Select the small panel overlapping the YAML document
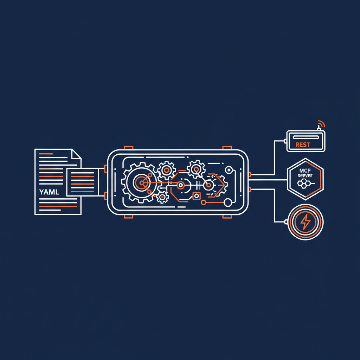[83, 181]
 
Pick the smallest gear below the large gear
[162, 197]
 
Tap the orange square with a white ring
[196, 196]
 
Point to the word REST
[303, 144]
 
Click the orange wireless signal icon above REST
[321, 124]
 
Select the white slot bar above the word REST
[306, 137]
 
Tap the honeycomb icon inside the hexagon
[303, 183]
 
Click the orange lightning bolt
[306, 222]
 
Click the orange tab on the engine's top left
[128, 147]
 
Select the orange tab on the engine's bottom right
[227, 216]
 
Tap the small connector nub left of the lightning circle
[286, 222]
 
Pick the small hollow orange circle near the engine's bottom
[203, 202]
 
